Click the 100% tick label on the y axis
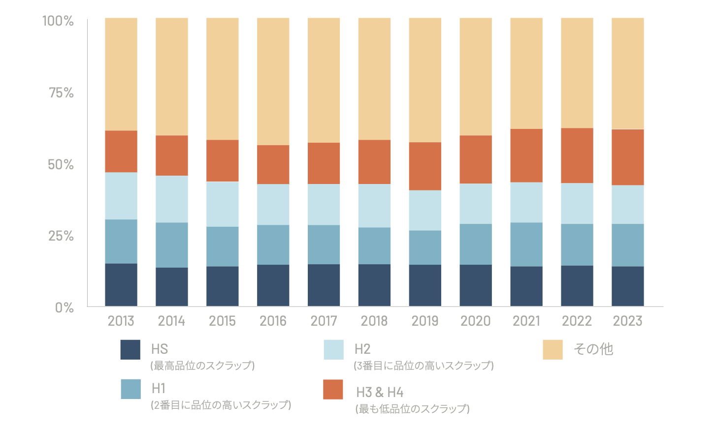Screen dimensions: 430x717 [x=58, y=21]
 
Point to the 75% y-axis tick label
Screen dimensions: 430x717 [x=61, y=93]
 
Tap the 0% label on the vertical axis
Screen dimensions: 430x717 [x=65, y=308]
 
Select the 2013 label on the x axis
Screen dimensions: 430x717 [x=121, y=321]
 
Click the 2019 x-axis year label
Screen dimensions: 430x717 [x=424, y=321]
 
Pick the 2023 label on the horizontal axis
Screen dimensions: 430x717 [x=627, y=321]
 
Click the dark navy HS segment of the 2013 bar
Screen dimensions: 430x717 [x=121, y=285]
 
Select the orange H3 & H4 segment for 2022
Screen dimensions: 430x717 [x=577, y=155]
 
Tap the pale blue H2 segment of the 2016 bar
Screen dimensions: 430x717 [x=273, y=205]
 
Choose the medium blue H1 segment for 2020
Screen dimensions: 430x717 [x=476, y=245]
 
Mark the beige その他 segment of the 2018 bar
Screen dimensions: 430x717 [x=374, y=79]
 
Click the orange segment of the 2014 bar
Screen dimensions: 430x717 [x=172, y=155]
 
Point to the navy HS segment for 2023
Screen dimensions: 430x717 [x=627, y=286]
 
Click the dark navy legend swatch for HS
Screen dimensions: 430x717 [x=130, y=350]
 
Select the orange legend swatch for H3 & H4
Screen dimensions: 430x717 [x=333, y=389]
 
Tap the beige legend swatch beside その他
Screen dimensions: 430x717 [x=553, y=350]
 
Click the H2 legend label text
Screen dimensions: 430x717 [x=362, y=349]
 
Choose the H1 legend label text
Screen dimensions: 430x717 [x=159, y=389]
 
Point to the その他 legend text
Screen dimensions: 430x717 [x=593, y=349]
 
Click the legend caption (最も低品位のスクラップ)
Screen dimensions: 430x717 [x=413, y=409]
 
